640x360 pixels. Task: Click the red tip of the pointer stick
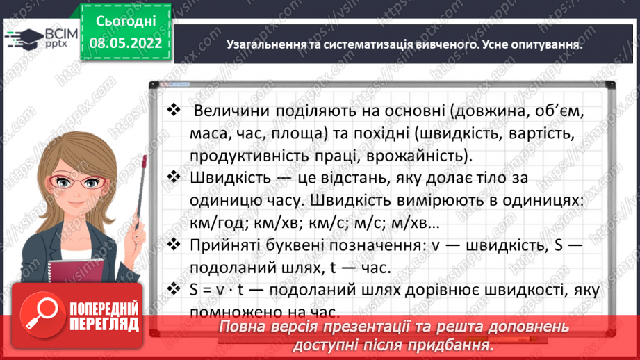coord(144,163)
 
